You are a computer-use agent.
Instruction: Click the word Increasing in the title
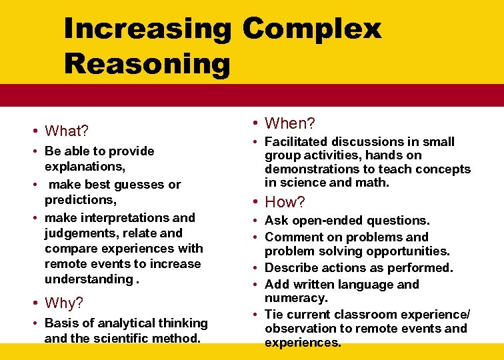pyautogui.click(x=147, y=29)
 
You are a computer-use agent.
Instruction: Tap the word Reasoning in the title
pyautogui.click(x=147, y=65)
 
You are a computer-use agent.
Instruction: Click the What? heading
pyautogui.click(x=67, y=130)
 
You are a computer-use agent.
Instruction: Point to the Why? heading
pyautogui.click(x=64, y=303)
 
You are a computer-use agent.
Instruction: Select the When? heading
pyautogui.click(x=290, y=123)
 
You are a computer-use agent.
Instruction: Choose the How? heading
pyautogui.click(x=285, y=202)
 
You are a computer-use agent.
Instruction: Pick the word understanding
pyautogui.click(x=89, y=279)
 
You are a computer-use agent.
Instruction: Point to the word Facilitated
pyautogui.click(x=297, y=142)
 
